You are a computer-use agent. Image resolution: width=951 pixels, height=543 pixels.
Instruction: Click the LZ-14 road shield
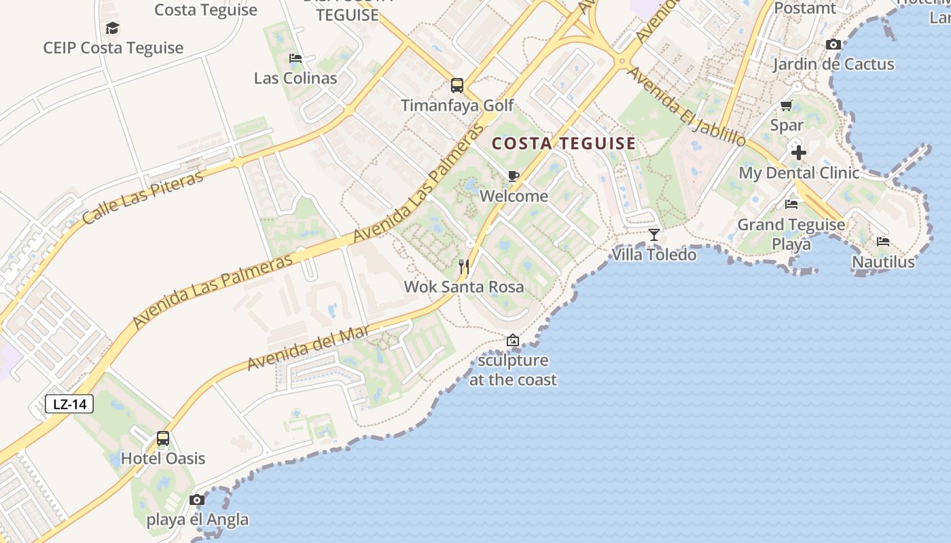click(x=69, y=405)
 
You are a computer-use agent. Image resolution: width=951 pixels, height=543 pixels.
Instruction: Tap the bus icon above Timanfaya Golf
click(x=457, y=86)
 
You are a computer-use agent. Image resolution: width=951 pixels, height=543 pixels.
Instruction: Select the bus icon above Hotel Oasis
click(x=163, y=438)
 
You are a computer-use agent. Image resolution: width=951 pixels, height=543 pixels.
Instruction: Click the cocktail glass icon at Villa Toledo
click(x=654, y=234)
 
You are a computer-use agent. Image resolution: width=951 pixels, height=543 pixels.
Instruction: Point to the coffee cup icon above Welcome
click(x=514, y=176)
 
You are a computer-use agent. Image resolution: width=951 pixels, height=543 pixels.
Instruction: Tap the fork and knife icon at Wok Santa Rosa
click(x=464, y=266)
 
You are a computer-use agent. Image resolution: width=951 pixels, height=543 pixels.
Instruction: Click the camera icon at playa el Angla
click(x=197, y=500)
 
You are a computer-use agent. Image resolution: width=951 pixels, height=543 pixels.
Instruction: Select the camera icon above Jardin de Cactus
click(x=833, y=45)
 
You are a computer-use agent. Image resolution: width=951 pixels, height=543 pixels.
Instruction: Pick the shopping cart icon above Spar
click(x=787, y=105)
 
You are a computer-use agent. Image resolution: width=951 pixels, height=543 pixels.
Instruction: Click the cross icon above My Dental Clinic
click(x=799, y=152)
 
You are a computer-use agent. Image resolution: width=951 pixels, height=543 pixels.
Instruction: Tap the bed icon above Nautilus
click(x=883, y=241)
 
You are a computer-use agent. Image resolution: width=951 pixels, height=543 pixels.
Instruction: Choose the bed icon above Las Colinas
click(x=295, y=58)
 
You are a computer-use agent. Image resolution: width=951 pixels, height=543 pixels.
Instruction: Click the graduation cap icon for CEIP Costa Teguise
click(x=113, y=28)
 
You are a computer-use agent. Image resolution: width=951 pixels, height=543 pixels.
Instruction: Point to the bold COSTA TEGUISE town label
click(x=564, y=144)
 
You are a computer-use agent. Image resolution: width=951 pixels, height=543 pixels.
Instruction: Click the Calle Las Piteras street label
click(x=143, y=198)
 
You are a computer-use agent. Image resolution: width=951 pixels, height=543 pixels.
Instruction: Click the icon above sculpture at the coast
click(x=513, y=340)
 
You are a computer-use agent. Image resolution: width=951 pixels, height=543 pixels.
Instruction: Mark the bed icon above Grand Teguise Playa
click(x=791, y=204)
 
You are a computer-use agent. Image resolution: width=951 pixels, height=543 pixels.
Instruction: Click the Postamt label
click(x=805, y=9)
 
